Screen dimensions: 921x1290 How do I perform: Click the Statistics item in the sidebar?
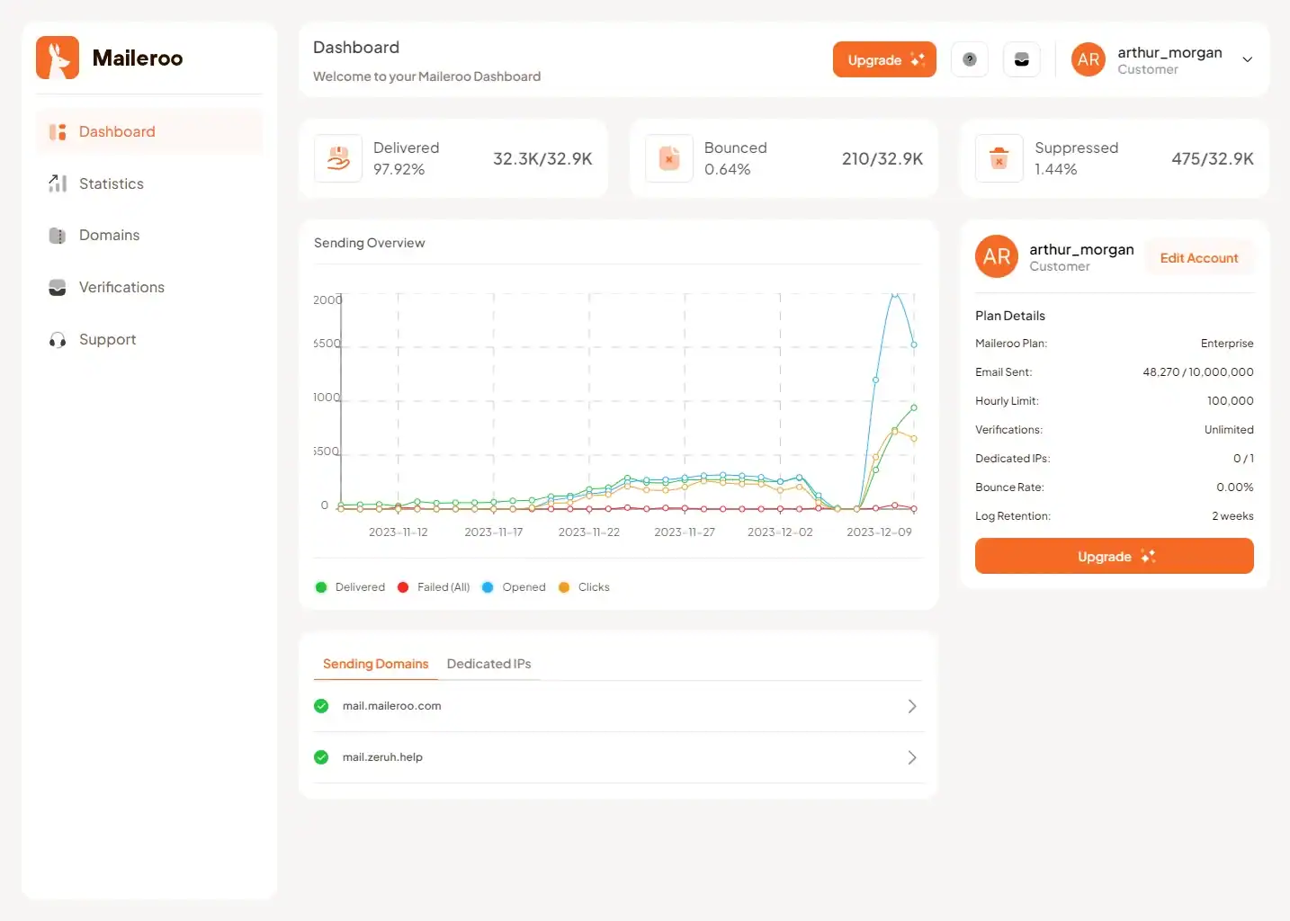[x=111, y=183]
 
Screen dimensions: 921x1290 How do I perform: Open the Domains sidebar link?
[x=109, y=236]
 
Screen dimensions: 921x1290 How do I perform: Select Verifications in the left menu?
[x=121, y=288]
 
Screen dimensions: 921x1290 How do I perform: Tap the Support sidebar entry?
[x=107, y=340]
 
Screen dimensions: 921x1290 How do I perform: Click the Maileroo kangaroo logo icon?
[x=58, y=58]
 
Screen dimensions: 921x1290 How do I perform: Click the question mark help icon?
[x=970, y=60]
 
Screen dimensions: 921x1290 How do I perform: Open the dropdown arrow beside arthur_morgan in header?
[x=1248, y=60]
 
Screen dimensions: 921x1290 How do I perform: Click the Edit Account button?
[x=1198, y=258]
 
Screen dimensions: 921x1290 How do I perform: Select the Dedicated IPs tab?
[x=488, y=664]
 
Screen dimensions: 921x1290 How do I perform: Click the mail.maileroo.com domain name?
[x=391, y=706]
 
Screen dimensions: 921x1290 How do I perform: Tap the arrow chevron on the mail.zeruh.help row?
[x=911, y=757]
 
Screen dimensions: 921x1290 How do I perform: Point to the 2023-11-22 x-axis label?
[x=588, y=532]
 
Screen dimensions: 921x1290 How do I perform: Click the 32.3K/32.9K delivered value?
[x=542, y=159]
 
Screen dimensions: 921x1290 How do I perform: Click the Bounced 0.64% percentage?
[x=727, y=170]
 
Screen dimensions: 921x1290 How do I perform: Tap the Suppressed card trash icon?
[x=999, y=159]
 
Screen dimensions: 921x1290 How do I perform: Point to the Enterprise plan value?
[x=1226, y=344]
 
